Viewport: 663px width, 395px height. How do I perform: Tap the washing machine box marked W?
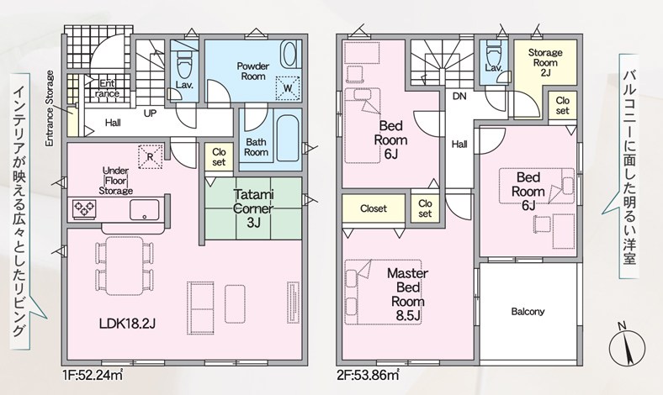(288, 88)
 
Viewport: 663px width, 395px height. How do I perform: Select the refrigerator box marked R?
(150, 156)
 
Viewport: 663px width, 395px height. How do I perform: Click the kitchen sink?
(144, 209)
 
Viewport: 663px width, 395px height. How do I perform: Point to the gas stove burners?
(85, 208)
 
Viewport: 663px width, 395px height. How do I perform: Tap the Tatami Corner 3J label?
(253, 208)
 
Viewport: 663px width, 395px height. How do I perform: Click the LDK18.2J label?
(127, 324)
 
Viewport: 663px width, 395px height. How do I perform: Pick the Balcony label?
(528, 312)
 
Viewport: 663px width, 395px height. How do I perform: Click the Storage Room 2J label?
(545, 62)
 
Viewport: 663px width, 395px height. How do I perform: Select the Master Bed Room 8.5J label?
(407, 294)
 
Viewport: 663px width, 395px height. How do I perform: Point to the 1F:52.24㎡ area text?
(93, 374)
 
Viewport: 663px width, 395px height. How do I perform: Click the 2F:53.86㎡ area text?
(368, 374)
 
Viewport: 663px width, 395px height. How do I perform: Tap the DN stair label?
(459, 97)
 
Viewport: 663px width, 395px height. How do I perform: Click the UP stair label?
(150, 113)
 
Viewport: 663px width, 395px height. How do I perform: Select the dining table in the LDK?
(124, 266)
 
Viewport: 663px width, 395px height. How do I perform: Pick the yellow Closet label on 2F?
(374, 208)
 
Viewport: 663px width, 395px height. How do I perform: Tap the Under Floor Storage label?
(115, 181)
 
